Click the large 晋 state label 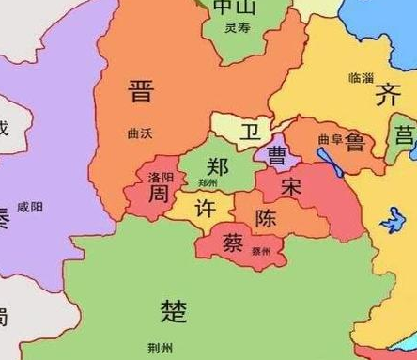tap(141, 93)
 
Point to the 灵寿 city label tap(237, 29)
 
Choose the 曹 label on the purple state tap(278, 153)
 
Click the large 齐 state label tap(387, 95)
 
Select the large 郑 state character tap(218, 167)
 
